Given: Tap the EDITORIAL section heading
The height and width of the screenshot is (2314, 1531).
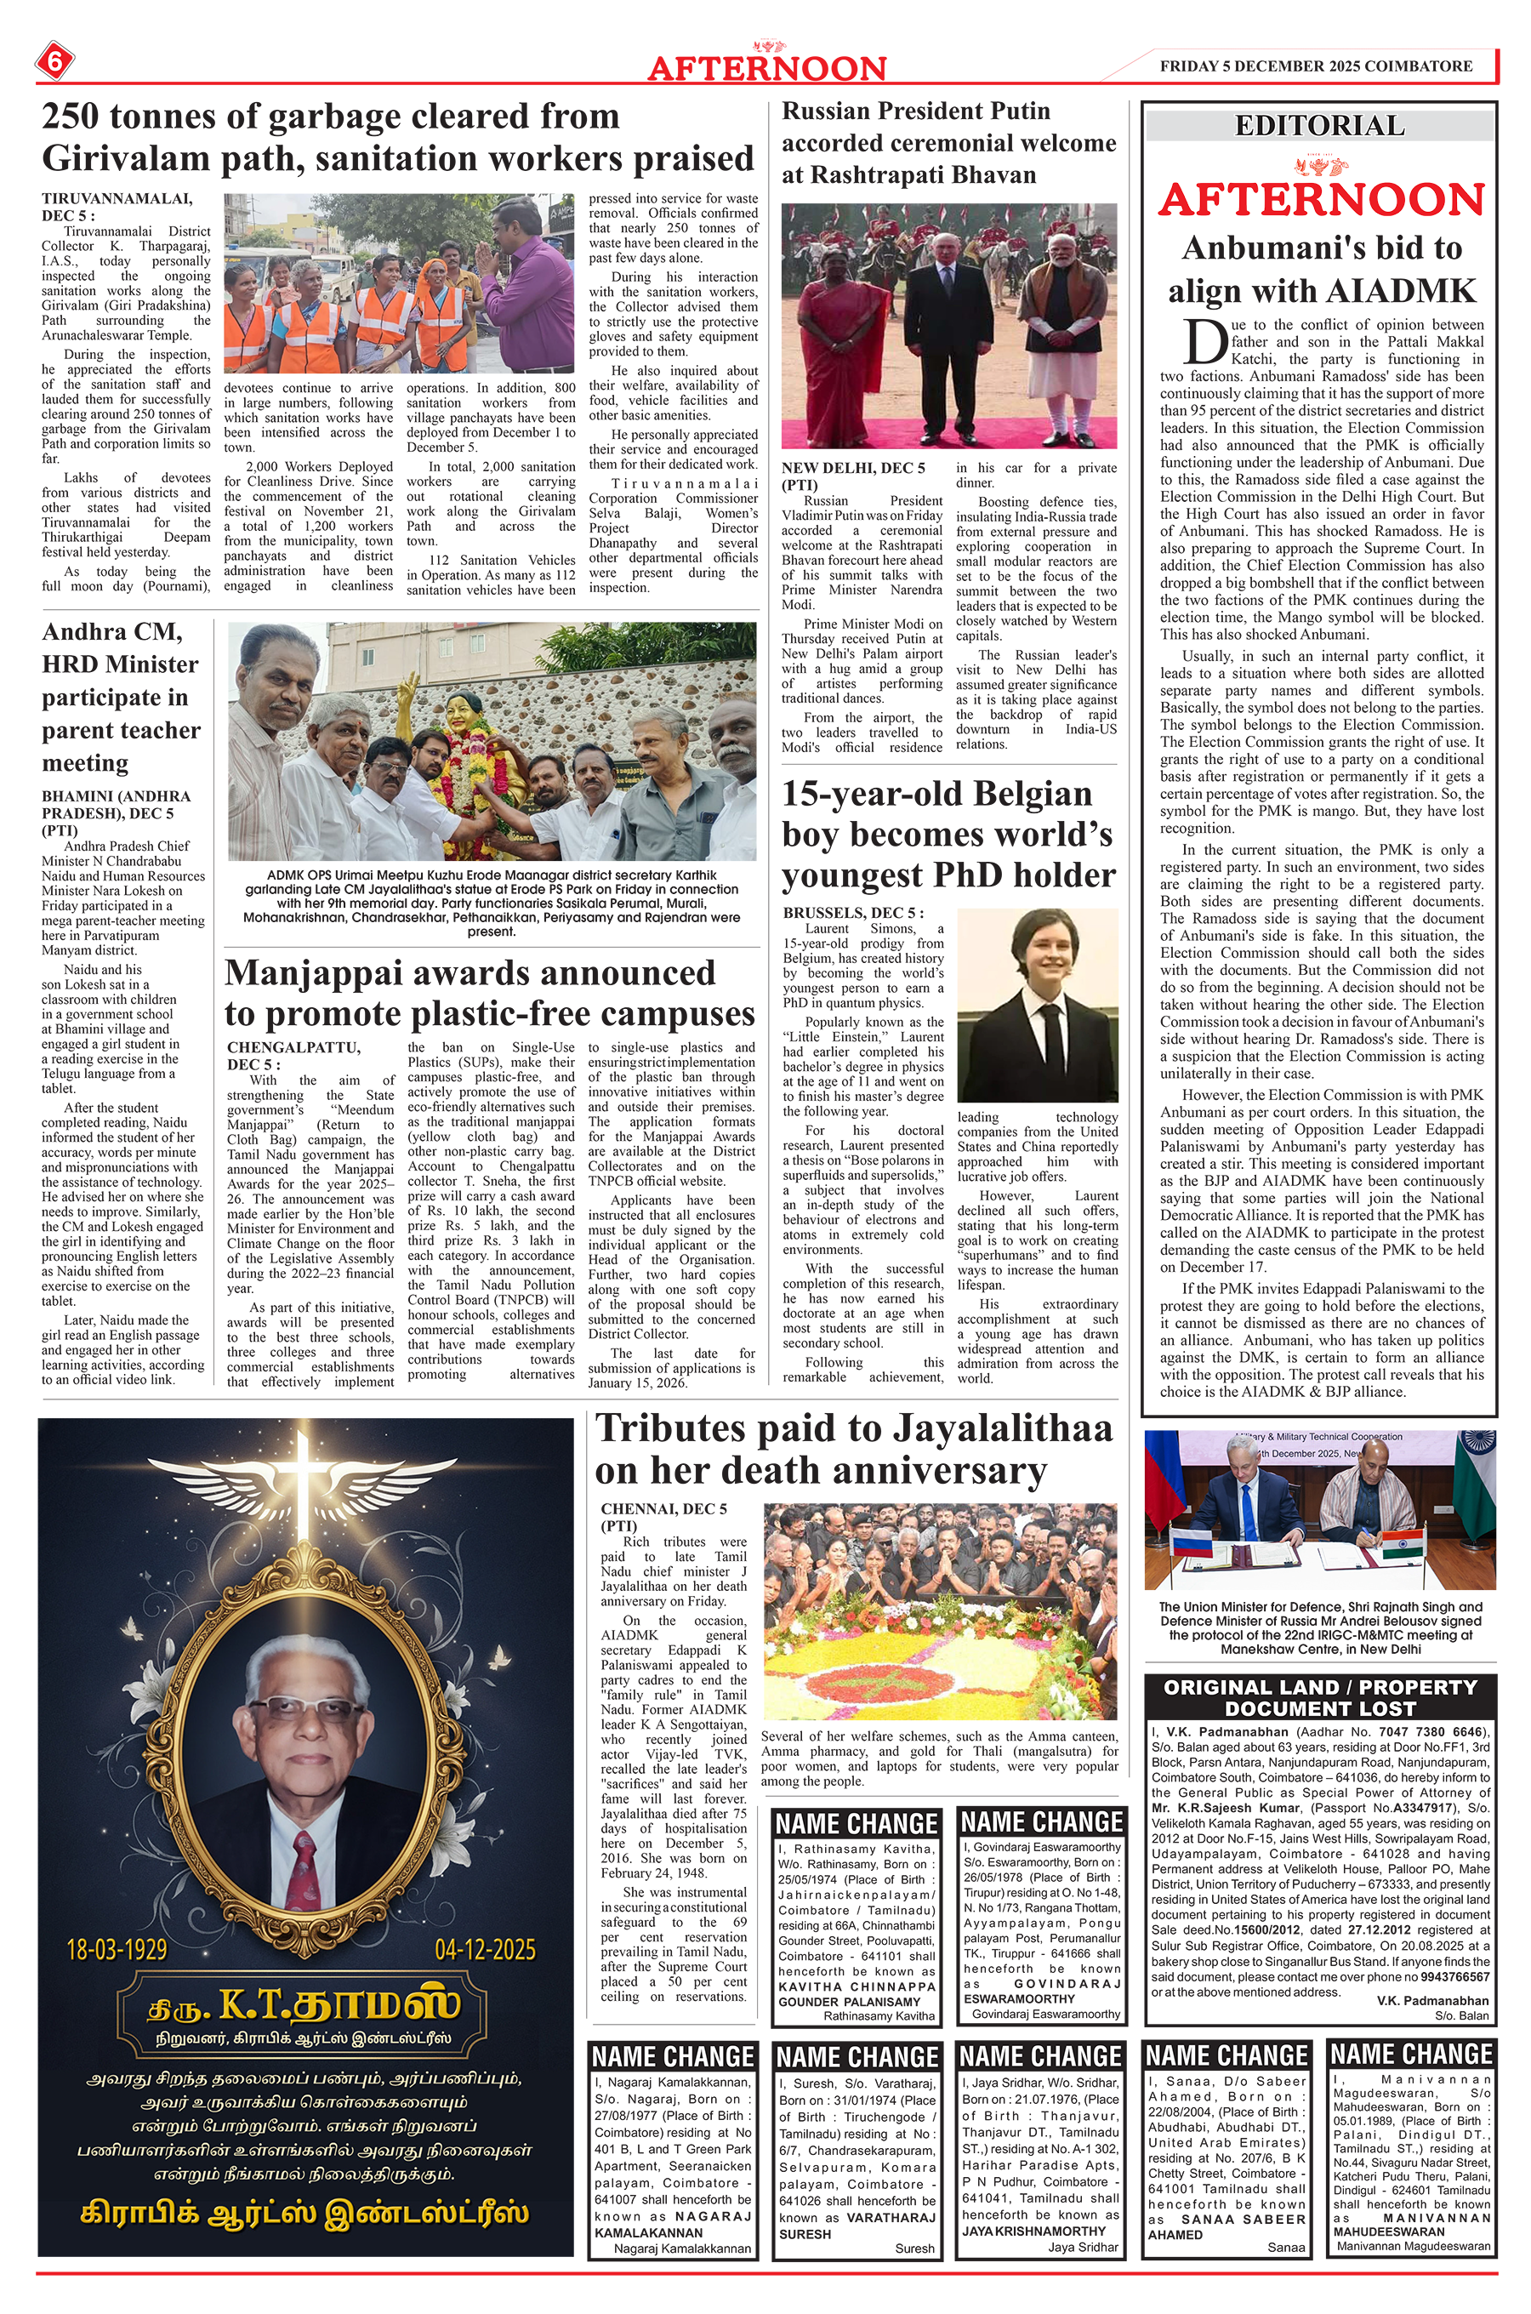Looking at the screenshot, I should [1319, 126].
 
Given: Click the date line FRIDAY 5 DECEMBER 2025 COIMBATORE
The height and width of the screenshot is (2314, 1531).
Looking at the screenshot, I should [1315, 66].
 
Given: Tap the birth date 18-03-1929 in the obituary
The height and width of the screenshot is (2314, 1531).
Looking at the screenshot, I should [117, 1949].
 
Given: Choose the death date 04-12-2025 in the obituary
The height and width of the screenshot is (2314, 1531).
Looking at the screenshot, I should [486, 1949].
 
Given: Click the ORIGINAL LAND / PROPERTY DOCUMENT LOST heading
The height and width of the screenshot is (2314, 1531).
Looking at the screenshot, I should [1320, 1697].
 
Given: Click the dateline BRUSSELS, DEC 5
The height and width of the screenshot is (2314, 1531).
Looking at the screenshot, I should [852, 913].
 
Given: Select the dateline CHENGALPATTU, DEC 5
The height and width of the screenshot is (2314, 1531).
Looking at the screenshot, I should [293, 1056].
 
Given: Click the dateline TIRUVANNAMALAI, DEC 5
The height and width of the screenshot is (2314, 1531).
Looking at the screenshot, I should [117, 207].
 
